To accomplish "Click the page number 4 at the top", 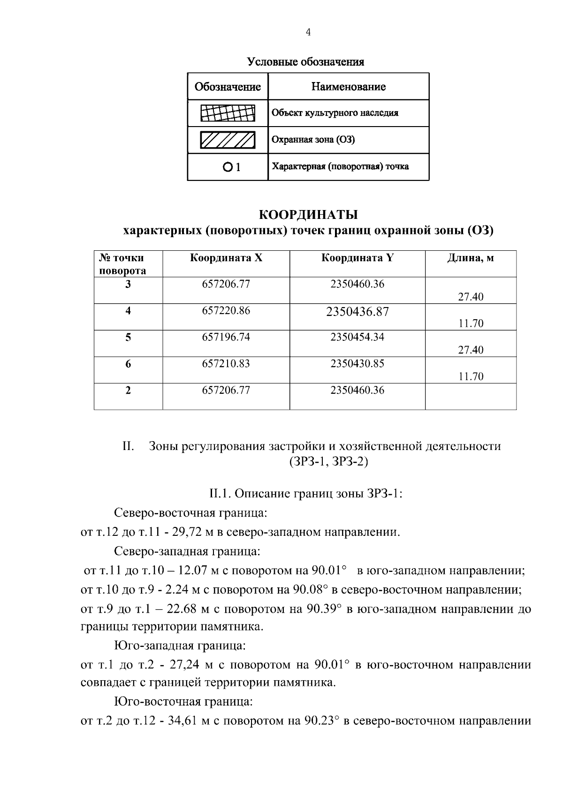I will [x=308, y=32].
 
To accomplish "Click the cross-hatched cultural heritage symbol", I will [x=228, y=113].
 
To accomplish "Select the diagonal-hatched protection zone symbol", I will [x=228, y=140].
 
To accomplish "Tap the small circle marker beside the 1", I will [x=227, y=166].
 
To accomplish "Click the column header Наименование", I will [x=348, y=87].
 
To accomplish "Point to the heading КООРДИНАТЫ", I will [x=308, y=215].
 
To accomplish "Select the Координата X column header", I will [x=226, y=258].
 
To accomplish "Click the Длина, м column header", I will [x=470, y=258].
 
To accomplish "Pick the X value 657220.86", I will [x=226, y=310].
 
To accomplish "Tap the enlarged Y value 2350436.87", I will [x=357, y=312].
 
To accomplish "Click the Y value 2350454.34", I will [x=357, y=337].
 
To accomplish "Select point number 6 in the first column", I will [x=128, y=364].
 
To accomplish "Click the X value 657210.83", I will [x=226, y=364].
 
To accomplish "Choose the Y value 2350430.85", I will [x=357, y=364].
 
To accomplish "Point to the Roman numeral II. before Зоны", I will [x=129, y=446].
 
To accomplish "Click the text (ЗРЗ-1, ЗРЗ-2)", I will [x=328, y=462].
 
